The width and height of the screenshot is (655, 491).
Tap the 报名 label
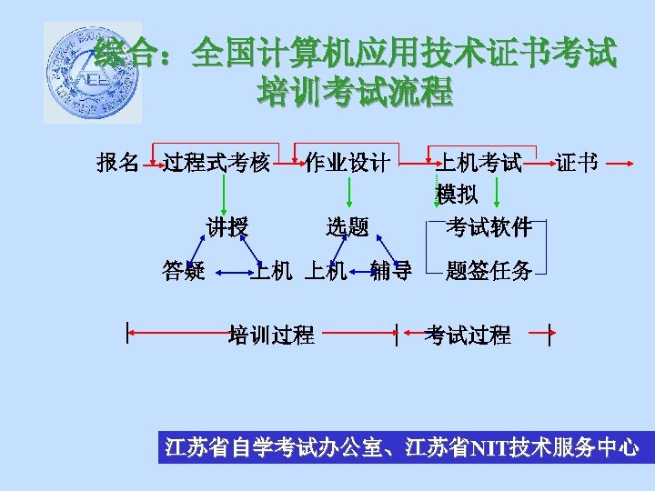pos(117,163)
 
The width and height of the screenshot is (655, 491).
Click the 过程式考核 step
pos(217,163)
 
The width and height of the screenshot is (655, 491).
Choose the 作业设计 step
pos(348,163)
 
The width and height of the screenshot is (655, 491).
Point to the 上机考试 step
pos(480,163)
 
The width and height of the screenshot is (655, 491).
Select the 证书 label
pos(577,163)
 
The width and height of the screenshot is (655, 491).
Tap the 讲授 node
pos(227,226)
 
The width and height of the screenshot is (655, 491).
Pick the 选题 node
pos(348,226)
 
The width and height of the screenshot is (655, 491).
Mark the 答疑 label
pos(183,270)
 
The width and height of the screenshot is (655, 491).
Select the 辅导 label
pos(391,270)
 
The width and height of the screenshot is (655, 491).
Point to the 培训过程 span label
pos(271,335)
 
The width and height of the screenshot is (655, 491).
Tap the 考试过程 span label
pos(468,335)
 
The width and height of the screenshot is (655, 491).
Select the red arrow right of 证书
pos(620,164)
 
